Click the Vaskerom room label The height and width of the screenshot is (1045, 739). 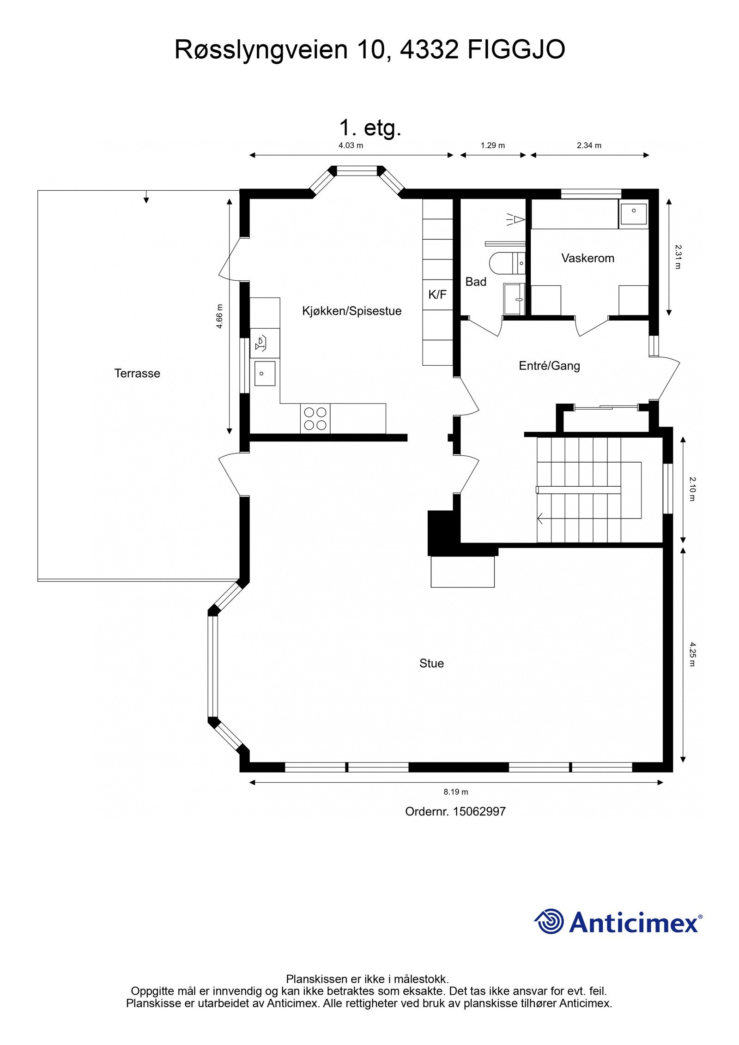pos(588,258)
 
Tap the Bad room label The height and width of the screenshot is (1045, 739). pos(475,282)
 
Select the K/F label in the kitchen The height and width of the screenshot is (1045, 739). pos(437,295)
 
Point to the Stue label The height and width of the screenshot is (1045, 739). pos(431,664)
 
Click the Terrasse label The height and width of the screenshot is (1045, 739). pos(137,374)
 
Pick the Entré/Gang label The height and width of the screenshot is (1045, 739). pos(549,366)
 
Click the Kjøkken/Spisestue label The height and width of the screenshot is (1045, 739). pos(351,311)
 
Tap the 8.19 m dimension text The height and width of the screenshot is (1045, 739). pos(455,792)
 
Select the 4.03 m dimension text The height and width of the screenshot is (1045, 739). pos(351,145)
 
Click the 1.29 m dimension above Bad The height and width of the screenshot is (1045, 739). pos(492,145)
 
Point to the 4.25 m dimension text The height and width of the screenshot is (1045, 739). pos(692,654)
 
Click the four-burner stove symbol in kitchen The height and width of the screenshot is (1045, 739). pos(315,418)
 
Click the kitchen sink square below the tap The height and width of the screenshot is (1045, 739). pos(265,373)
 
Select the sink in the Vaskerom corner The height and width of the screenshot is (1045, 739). pos(634,211)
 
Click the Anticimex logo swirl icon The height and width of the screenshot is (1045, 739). pos(549,921)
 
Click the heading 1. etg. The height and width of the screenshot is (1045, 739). pos(370,128)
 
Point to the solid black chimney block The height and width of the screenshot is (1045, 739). pos(442,532)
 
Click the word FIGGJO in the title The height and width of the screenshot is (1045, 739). pos(516,50)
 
